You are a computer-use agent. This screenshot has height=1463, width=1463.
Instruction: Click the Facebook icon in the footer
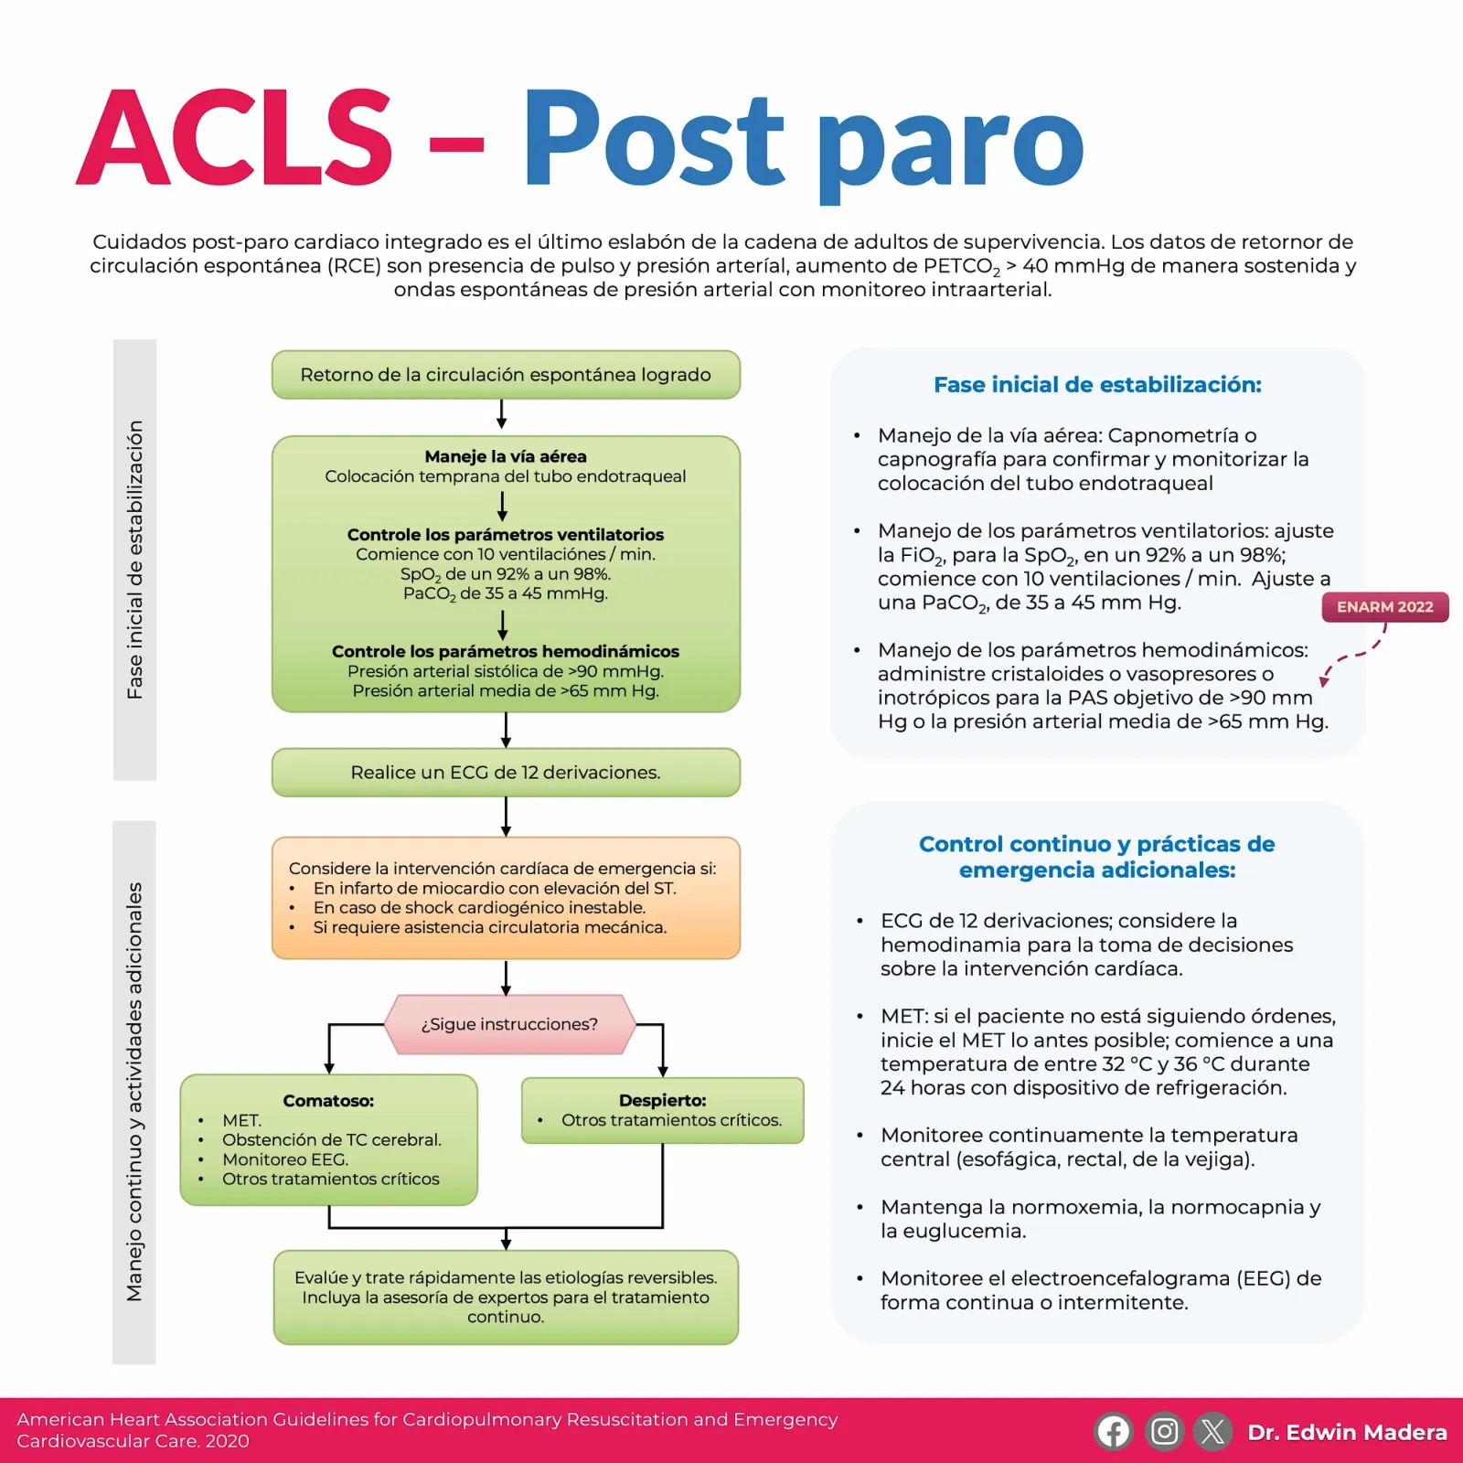(x=1113, y=1431)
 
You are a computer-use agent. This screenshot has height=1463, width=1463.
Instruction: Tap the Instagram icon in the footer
(x=1164, y=1431)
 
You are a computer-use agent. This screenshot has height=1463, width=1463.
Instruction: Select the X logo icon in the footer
(x=1213, y=1431)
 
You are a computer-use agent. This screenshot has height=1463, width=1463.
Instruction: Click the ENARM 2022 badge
(x=1385, y=607)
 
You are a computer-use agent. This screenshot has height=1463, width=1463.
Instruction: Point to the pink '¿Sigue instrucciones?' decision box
(x=509, y=1024)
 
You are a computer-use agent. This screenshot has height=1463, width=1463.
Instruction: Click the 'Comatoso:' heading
(x=328, y=1101)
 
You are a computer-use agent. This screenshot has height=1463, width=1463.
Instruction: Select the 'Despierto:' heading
(x=663, y=1101)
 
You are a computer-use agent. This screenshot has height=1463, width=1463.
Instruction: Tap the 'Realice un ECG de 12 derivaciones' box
(x=506, y=773)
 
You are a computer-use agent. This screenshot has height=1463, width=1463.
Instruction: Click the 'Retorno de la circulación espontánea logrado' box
(x=506, y=375)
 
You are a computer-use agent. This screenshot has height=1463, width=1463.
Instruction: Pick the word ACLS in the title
(x=235, y=138)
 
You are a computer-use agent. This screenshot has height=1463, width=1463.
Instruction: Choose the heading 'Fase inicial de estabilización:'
(x=1097, y=385)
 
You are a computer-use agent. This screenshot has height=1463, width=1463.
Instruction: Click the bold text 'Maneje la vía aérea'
(x=506, y=456)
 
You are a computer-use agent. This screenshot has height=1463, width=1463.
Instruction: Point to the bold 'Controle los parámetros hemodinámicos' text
(x=506, y=651)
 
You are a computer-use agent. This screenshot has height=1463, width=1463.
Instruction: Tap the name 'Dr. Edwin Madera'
(x=1348, y=1432)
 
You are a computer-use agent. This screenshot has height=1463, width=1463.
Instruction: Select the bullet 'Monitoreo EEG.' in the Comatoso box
(x=285, y=1159)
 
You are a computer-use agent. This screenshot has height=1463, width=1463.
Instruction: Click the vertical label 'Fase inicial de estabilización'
(x=134, y=560)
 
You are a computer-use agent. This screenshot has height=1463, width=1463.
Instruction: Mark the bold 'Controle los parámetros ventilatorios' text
(x=506, y=535)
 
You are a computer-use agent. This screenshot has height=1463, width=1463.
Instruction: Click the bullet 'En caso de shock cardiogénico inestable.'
(x=479, y=908)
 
